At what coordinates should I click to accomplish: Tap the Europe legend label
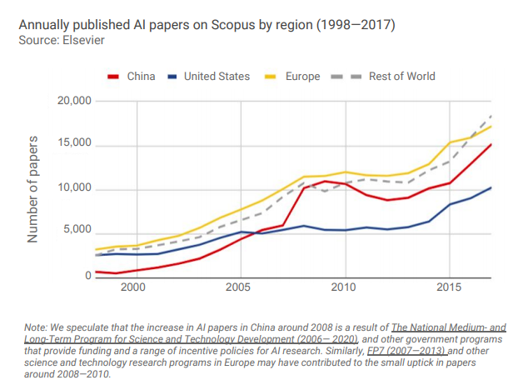point(301,77)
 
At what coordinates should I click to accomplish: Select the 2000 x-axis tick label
point(132,288)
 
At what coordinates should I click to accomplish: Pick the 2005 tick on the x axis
point(238,288)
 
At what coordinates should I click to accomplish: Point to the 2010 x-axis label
point(343,288)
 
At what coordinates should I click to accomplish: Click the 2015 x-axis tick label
point(449,288)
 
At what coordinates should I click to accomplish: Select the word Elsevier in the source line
point(81,41)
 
